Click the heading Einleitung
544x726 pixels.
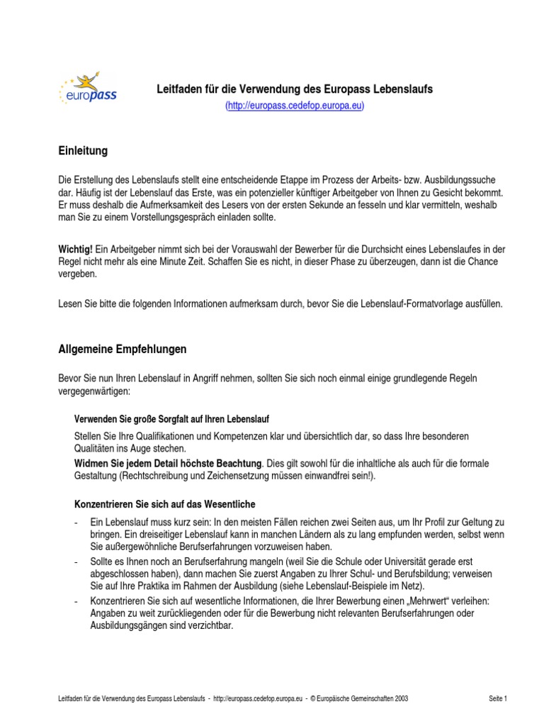click(x=82, y=150)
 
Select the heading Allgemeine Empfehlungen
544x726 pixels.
click(x=122, y=349)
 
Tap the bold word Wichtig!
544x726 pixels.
click(x=75, y=250)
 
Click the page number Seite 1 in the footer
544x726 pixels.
click(x=498, y=698)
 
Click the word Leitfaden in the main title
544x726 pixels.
click(x=179, y=89)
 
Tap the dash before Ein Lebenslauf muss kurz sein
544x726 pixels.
click(x=76, y=522)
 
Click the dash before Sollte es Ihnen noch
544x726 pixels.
click(x=76, y=561)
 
